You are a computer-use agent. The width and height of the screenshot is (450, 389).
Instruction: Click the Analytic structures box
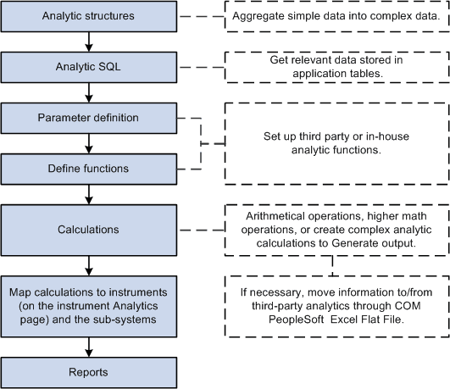point(88,17)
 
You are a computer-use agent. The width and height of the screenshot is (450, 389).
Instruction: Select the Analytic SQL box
point(88,68)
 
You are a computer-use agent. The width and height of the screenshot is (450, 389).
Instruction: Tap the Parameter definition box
point(88,117)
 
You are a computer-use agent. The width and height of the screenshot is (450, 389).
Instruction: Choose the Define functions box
point(88,169)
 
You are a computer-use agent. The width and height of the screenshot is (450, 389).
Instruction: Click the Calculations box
point(88,229)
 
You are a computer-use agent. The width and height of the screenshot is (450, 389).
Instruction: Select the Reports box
point(88,370)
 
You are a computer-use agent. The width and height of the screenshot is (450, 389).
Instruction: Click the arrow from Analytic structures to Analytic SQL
point(88,42)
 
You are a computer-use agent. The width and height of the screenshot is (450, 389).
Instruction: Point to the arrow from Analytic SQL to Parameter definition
point(88,93)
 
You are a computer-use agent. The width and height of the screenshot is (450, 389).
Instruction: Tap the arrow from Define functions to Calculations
point(88,194)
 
